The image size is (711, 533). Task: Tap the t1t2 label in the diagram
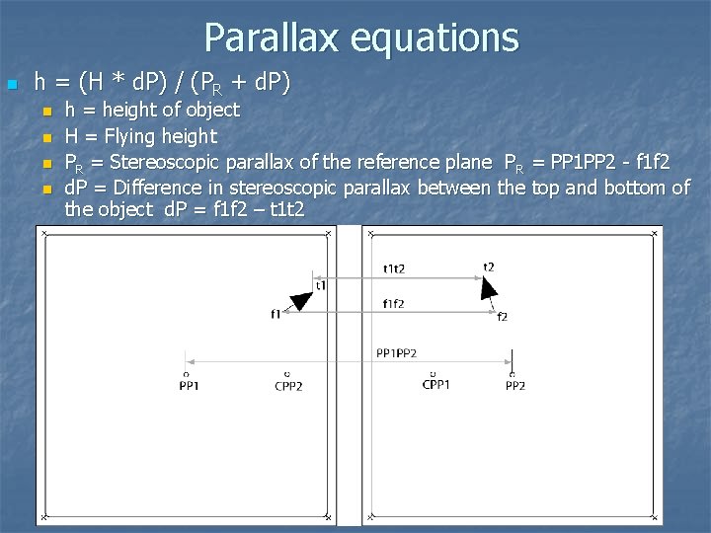pos(394,267)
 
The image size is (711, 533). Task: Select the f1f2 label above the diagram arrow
pos(394,304)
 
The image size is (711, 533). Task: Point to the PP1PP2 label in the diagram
pos(396,352)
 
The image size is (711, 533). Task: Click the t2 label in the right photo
pos(489,266)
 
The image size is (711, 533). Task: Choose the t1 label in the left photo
pos(321,285)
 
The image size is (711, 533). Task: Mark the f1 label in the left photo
pos(276,314)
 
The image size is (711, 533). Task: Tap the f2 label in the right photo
pos(503,316)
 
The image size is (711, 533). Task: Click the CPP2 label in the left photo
pos(288,386)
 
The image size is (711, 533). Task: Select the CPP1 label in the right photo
pos(435,385)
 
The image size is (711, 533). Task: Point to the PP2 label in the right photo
pos(514,386)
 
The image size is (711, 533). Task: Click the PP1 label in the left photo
pos(189,386)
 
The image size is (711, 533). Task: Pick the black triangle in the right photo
pos(488,287)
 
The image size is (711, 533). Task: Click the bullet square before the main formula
pos(11,84)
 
